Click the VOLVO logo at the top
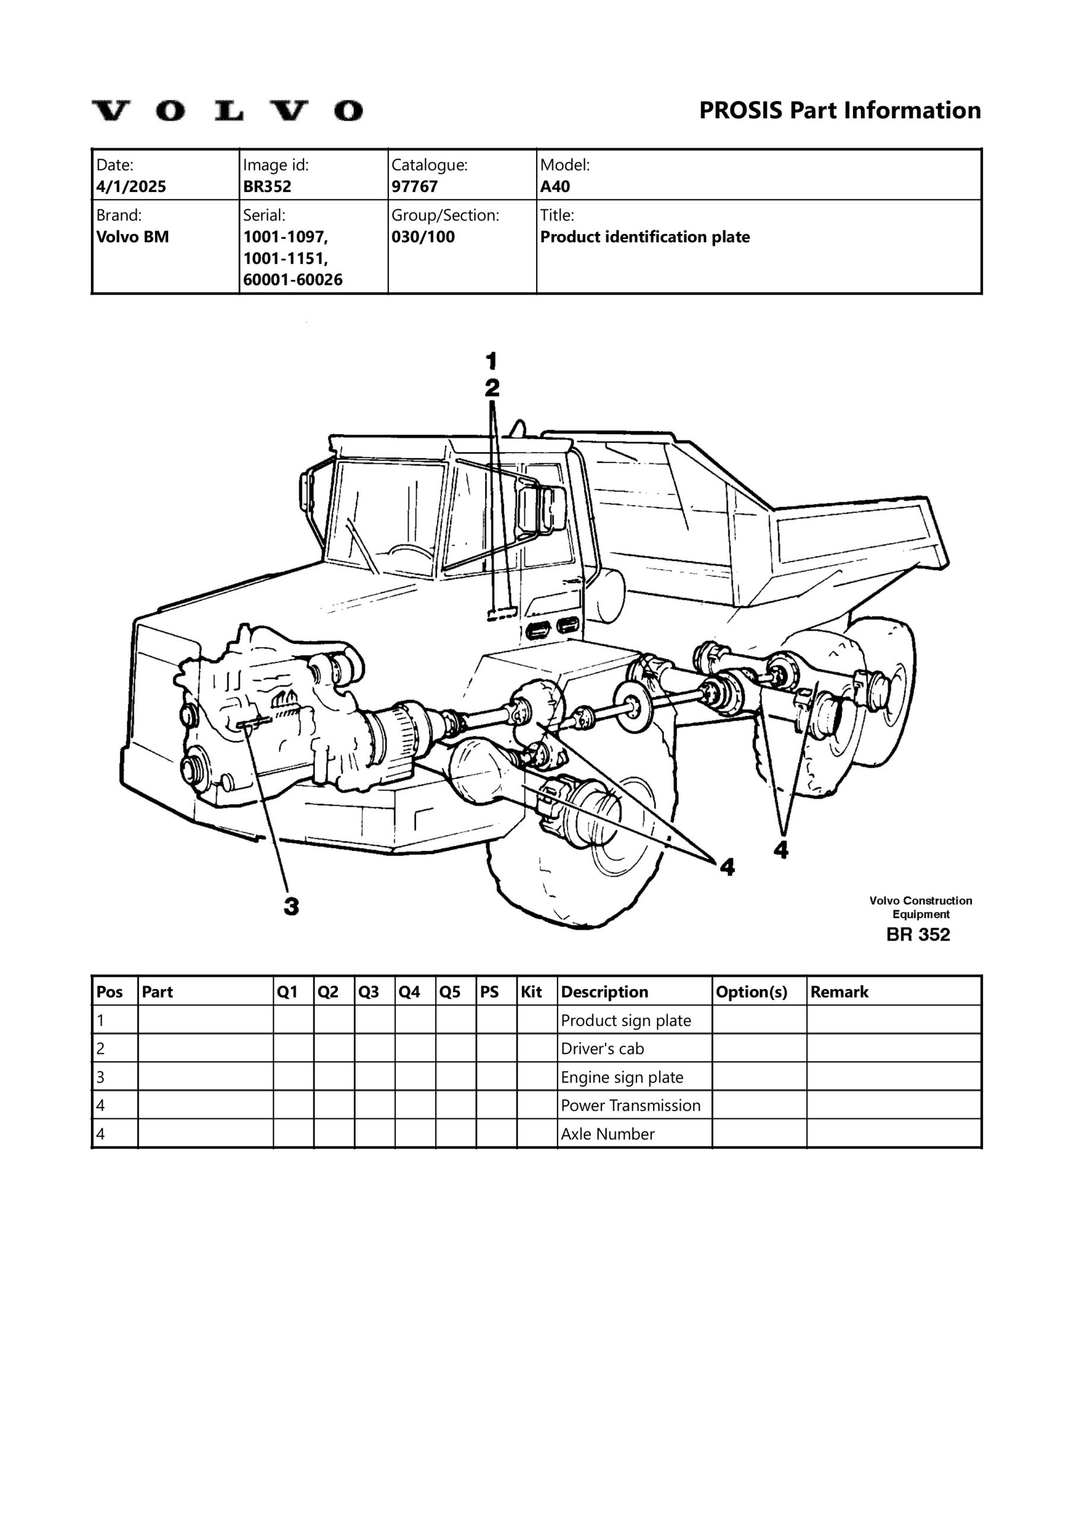227,111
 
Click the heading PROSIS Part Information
839,110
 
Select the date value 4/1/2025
131,186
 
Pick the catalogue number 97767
414,186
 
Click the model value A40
555,186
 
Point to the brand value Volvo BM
132,236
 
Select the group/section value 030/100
423,236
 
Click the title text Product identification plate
645,236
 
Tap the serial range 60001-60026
293,280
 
